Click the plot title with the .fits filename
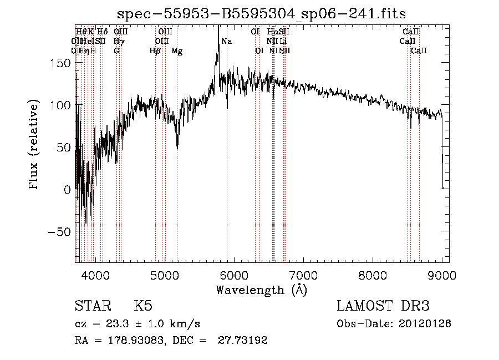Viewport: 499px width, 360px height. pos(262,15)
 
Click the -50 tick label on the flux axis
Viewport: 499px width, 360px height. pos(62,232)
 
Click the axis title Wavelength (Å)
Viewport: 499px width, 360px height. pos(261,290)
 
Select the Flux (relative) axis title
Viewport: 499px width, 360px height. pos(34,145)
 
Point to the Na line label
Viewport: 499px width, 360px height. pos(227,42)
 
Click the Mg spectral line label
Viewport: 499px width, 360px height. pos(177,51)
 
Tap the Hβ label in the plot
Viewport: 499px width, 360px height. pos(155,51)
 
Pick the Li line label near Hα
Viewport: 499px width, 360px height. pos(283,42)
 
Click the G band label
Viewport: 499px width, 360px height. pos(116,51)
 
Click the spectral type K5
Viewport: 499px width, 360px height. pos(142,306)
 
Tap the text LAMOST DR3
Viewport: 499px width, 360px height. pos(383,306)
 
